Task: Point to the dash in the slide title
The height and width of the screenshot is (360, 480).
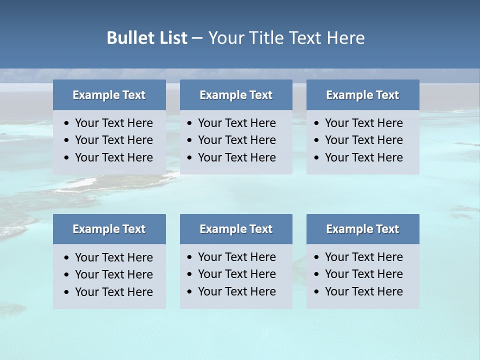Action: tap(197, 38)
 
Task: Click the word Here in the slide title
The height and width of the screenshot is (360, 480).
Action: tap(345, 38)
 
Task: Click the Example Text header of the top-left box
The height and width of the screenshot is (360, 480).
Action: tap(109, 95)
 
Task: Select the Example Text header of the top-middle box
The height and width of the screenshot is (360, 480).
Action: tap(236, 95)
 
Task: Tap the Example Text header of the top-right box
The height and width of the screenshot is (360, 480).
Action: tap(362, 95)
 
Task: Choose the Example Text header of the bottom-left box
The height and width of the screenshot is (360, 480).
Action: tap(109, 229)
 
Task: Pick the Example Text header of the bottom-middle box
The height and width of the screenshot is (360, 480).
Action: tap(236, 229)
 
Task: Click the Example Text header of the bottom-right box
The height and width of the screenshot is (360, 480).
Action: tap(362, 229)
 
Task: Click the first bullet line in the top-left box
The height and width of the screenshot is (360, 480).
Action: tap(113, 123)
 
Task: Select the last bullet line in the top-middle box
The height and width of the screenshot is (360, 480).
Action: tap(236, 157)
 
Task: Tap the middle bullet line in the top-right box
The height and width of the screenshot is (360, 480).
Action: tap(363, 140)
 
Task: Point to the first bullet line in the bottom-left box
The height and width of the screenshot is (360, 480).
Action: tap(113, 257)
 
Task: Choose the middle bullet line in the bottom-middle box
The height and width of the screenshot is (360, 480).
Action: tap(236, 274)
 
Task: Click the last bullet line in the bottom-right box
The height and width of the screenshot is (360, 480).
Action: tap(363, 291)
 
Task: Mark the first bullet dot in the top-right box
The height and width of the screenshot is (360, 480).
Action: tap(316, 123)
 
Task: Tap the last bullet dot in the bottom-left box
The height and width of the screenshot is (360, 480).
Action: tap(66, 292)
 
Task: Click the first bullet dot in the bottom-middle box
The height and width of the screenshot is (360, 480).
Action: tap(189, 257)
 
